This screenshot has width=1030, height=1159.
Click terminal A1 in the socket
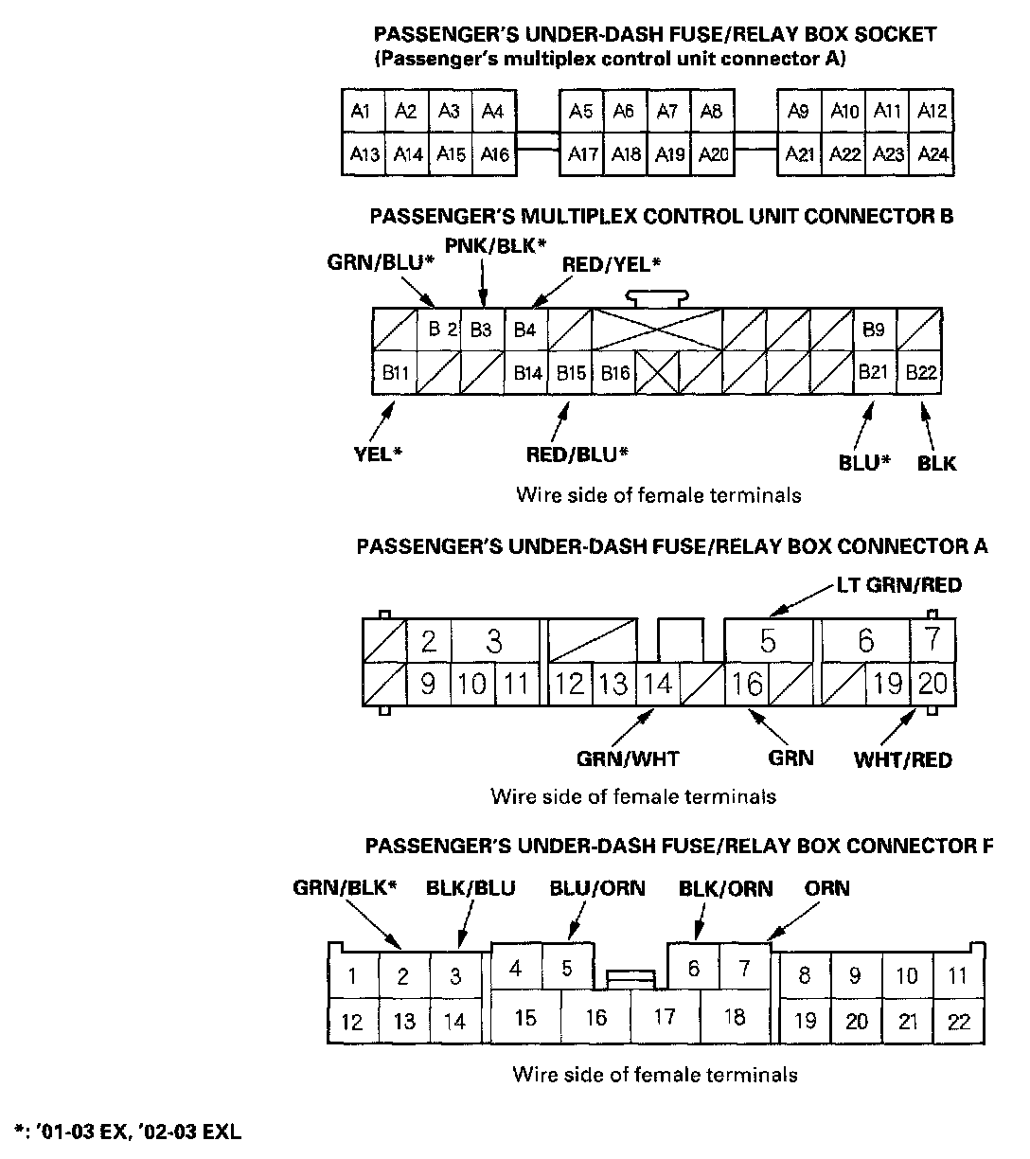pos(361,112)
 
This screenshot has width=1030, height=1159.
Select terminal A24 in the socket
pos(932,153)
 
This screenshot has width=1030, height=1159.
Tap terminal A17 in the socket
pos(581,153)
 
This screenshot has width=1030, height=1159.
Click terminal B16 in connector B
pos(615,373)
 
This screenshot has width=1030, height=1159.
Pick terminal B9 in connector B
pos(874,330)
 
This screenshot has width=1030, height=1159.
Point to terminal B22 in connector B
pos(920,373)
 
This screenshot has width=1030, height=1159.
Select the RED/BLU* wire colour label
pos(577,455)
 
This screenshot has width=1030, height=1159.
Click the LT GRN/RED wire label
pos(898,585)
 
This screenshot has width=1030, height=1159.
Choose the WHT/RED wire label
pos(902,759)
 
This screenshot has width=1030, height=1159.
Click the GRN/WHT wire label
pos(628,758)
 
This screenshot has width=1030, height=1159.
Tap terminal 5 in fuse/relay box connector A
pos(768,641)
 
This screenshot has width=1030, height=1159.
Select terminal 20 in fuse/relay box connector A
pos(932,683)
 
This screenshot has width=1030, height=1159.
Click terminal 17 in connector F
pos(665,1017)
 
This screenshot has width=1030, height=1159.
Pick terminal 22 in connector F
pos(958,1022)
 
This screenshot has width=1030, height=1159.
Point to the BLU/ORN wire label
pos(597,888)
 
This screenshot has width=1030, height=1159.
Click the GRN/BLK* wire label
pos(345,888)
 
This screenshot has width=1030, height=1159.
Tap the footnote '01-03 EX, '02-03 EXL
pos(128,1132)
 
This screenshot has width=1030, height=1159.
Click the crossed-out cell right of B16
pos(657,373)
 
